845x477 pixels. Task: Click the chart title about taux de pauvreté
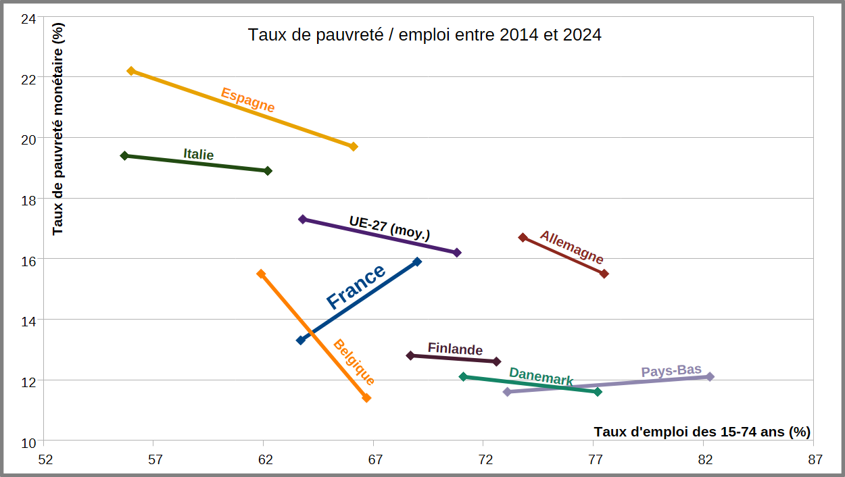425,34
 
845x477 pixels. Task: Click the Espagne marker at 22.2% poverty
131,71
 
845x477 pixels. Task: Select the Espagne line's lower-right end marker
353,147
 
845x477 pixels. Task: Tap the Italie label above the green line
198,154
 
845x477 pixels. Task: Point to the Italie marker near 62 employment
268,171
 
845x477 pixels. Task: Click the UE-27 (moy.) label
389,227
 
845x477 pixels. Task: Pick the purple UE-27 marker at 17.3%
303,219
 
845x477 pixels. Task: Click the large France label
356,286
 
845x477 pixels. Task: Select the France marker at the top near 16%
417,261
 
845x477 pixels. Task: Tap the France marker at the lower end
301,340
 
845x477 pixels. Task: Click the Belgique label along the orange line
354,362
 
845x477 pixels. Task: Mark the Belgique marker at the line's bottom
366,398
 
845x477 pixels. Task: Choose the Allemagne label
572,247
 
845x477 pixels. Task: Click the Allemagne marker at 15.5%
604,274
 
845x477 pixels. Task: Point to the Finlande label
455,349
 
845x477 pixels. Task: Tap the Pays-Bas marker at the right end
710,376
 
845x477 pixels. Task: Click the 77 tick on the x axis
595,460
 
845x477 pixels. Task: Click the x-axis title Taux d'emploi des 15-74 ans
702,431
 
